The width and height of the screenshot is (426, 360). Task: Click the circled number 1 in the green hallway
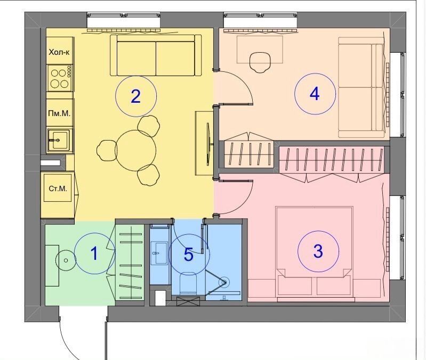(94, 253)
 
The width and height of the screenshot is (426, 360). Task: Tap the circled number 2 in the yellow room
(135, 96)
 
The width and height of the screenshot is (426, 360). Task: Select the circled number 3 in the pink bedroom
(318, 251)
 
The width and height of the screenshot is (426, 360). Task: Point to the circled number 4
(315, 94)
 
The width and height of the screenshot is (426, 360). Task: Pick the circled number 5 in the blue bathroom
(189, 255)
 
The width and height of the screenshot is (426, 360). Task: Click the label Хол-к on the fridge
(59, 52)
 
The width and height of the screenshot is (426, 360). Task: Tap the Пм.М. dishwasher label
(59, 113)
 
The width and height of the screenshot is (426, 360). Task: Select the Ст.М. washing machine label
(58, 189)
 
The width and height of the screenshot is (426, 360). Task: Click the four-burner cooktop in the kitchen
(60, 78)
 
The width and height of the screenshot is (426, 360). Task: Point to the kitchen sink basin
(59, 140)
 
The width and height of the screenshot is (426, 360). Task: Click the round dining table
(135, 151)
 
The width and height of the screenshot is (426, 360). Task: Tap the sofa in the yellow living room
(156, 55)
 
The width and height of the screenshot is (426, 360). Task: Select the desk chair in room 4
(260, 62)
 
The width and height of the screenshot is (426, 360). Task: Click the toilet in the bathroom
(188, 283)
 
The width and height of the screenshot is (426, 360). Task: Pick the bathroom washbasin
(159, 253)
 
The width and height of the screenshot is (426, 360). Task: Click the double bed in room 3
(315, 252)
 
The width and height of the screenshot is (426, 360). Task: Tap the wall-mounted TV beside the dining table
(208, 143)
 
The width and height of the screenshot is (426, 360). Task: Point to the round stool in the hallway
(66, 260)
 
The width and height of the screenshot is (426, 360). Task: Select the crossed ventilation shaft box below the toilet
(188, 301)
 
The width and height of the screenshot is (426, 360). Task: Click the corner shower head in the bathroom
(224, 282)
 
